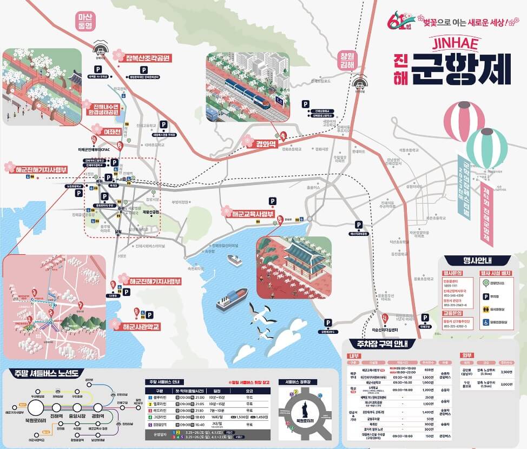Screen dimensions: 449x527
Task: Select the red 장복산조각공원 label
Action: click(148, 57)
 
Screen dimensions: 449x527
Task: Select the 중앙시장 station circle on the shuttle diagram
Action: click(77, 407)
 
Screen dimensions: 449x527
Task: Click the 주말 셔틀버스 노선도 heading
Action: click(47, 373)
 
